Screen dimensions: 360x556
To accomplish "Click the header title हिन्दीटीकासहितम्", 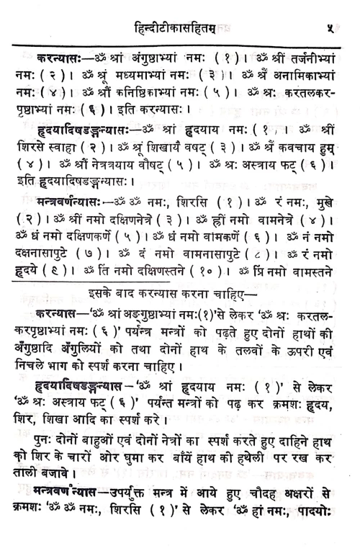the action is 176,29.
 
